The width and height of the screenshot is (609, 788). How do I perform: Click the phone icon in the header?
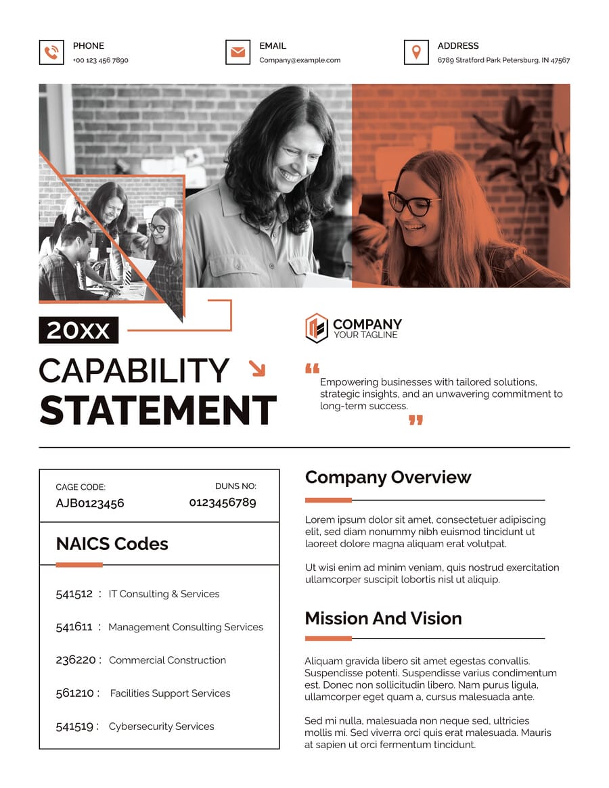click(51, 53)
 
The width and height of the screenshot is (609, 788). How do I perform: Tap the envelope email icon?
click(238, 53)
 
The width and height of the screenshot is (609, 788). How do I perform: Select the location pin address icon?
click(416, 53)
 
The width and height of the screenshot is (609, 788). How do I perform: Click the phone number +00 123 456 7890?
click(100, 60)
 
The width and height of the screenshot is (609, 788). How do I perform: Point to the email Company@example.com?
click(300, 60)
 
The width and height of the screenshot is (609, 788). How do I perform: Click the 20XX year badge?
click(78, 330)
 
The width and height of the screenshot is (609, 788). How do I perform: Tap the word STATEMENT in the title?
click(158, 410)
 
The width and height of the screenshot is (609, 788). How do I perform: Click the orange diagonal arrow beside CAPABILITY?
click(257, 368)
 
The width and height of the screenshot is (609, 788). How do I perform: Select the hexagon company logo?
click(316, 329)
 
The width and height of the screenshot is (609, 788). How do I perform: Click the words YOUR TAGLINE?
click(365, 335)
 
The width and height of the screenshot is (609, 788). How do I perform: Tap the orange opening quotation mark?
click(312, 369)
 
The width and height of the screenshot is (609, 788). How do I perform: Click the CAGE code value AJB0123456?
click(90, 503)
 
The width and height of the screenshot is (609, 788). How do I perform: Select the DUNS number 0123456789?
click(223, 502)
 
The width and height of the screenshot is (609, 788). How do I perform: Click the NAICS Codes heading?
click(112, 544)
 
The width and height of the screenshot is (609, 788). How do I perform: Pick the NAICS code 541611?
click(74, 627)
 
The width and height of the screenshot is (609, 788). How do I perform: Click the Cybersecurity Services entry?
click(161, 726)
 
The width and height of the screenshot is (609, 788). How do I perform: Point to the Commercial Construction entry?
click(167, 660)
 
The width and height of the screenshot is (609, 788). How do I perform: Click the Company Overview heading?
click(388, 478)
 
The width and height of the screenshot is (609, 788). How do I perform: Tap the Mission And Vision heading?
click(383, 618)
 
